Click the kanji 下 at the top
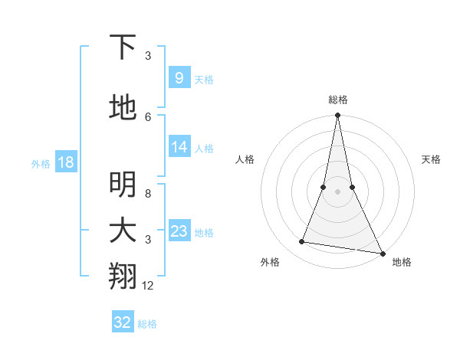tap(123, 47)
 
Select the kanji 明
tap(123, 184)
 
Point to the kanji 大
tap(123, 231)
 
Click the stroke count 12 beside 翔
tap(148, 286)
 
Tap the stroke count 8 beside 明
tap(148, 194)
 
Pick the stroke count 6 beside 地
tap(148, 116)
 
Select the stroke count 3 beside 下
tap(148, 56)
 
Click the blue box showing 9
tap(179, 78)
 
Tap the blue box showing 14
tap(179, 148)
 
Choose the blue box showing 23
tap(179, 232)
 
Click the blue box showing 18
tap(65, 162)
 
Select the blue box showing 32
tap(123, 322)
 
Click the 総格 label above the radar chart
tap(338, 100)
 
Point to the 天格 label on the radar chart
tap(431, 159)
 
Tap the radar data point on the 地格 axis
tap(382, 252)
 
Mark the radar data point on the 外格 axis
tap(302, 242)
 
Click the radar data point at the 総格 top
tap(338, 116)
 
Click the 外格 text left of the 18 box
tap(41, 163)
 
